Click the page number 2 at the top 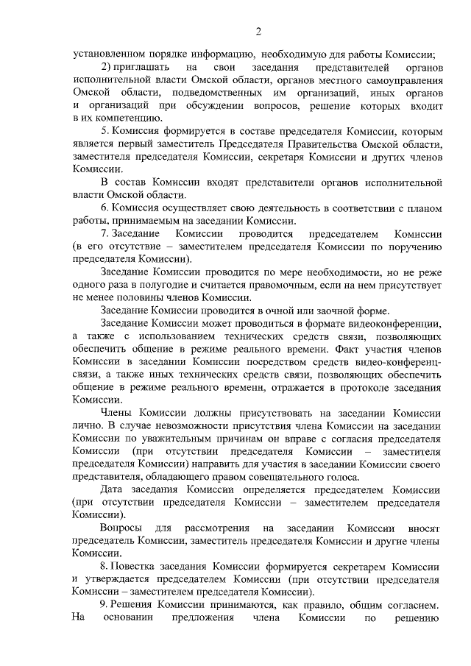(258, 31)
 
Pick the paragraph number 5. (105, 131)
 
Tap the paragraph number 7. (105, 233)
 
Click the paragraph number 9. (105, 605)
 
